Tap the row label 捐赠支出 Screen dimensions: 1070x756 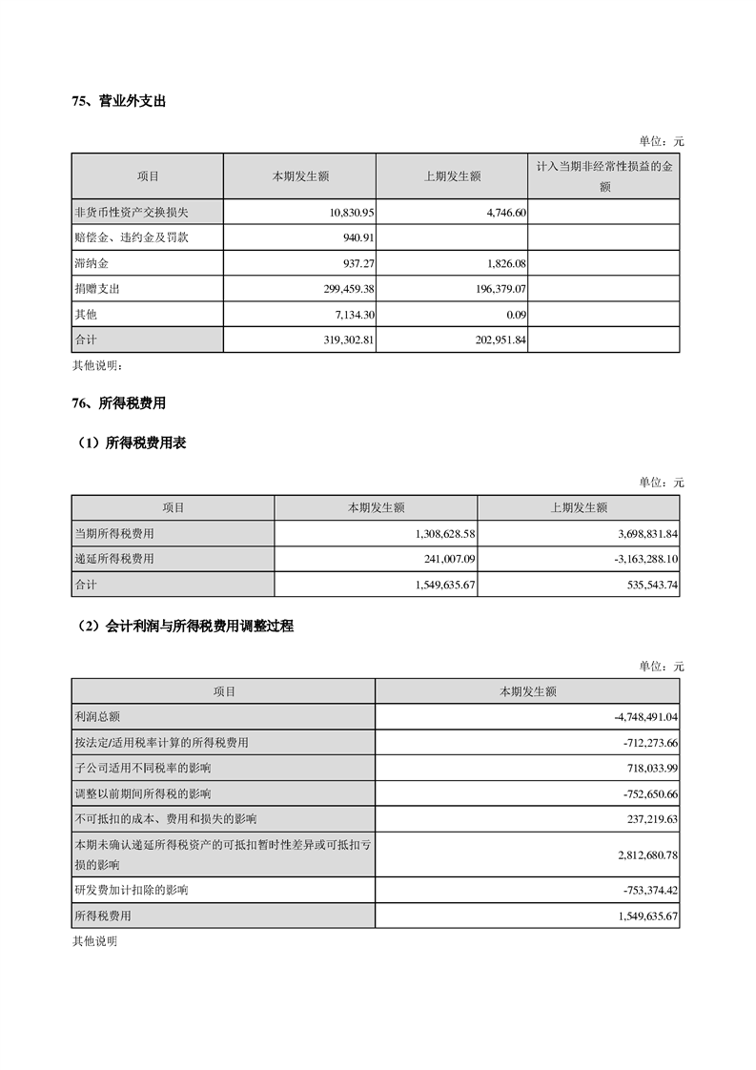(x=96, y=288)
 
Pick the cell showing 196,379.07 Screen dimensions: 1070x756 (x=495, y=288)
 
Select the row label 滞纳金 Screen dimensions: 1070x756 (x=91, y=262)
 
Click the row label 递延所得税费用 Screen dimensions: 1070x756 (x=114, y=559)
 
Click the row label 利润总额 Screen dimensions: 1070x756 (x=96, y=716)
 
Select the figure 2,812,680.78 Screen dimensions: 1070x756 (x=642, y=854)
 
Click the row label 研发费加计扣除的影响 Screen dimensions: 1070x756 (x=131, y=890)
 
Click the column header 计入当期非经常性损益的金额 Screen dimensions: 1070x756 (x=603, y=176)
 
